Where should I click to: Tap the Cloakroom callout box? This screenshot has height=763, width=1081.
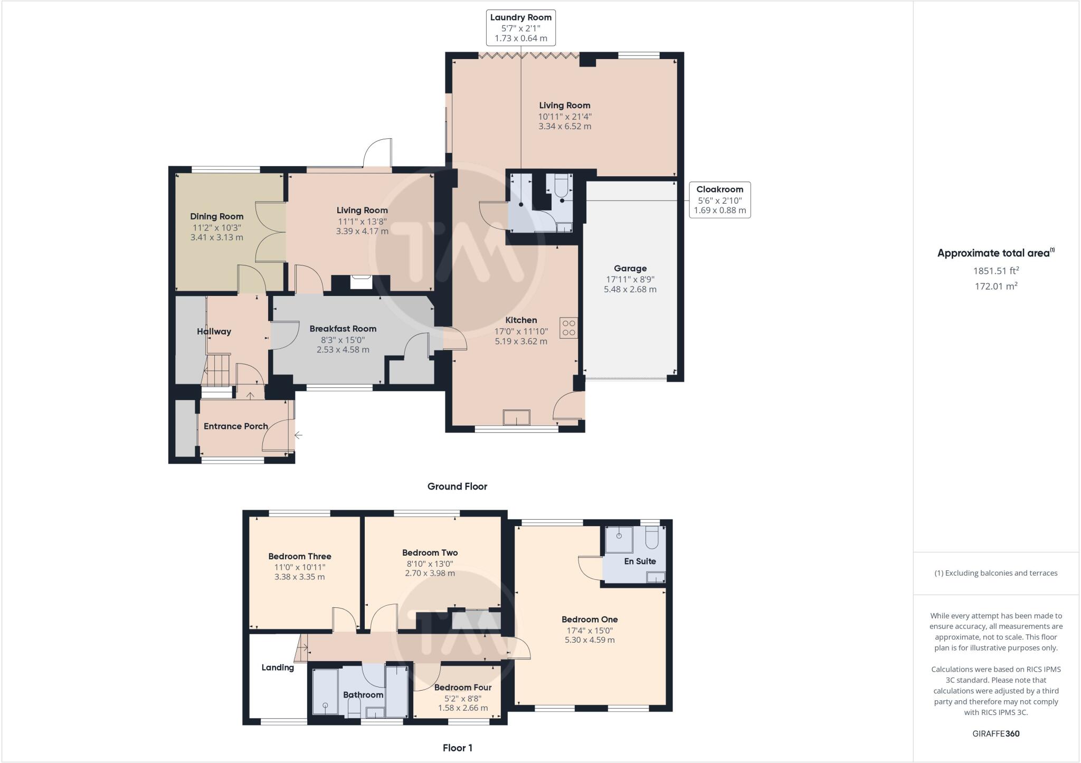click(719, 199)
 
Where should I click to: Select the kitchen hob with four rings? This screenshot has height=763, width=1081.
click(568, 328)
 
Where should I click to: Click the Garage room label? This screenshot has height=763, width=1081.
click(630, 268)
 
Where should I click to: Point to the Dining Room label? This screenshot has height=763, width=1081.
click(216, 216)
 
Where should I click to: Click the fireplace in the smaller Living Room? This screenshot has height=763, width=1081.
click(361, 283)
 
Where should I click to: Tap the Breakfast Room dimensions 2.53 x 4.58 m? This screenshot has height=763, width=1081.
click(343, 349)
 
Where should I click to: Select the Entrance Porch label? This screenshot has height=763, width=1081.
click(235, 426)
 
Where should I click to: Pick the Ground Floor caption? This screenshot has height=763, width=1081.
click(457, 486)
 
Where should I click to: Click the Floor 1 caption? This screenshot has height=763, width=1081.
click(457, 747)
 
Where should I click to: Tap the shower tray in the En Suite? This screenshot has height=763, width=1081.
click(619, 539)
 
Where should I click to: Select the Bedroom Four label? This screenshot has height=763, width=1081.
click(462, 687)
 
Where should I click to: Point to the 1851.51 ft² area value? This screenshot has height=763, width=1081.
click(995, 271)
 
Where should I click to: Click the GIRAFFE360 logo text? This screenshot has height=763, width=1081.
click(995, 733)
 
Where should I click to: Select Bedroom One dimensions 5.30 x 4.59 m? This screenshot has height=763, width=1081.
click(589, 640)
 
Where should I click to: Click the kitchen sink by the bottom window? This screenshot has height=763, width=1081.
click(516, 417)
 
